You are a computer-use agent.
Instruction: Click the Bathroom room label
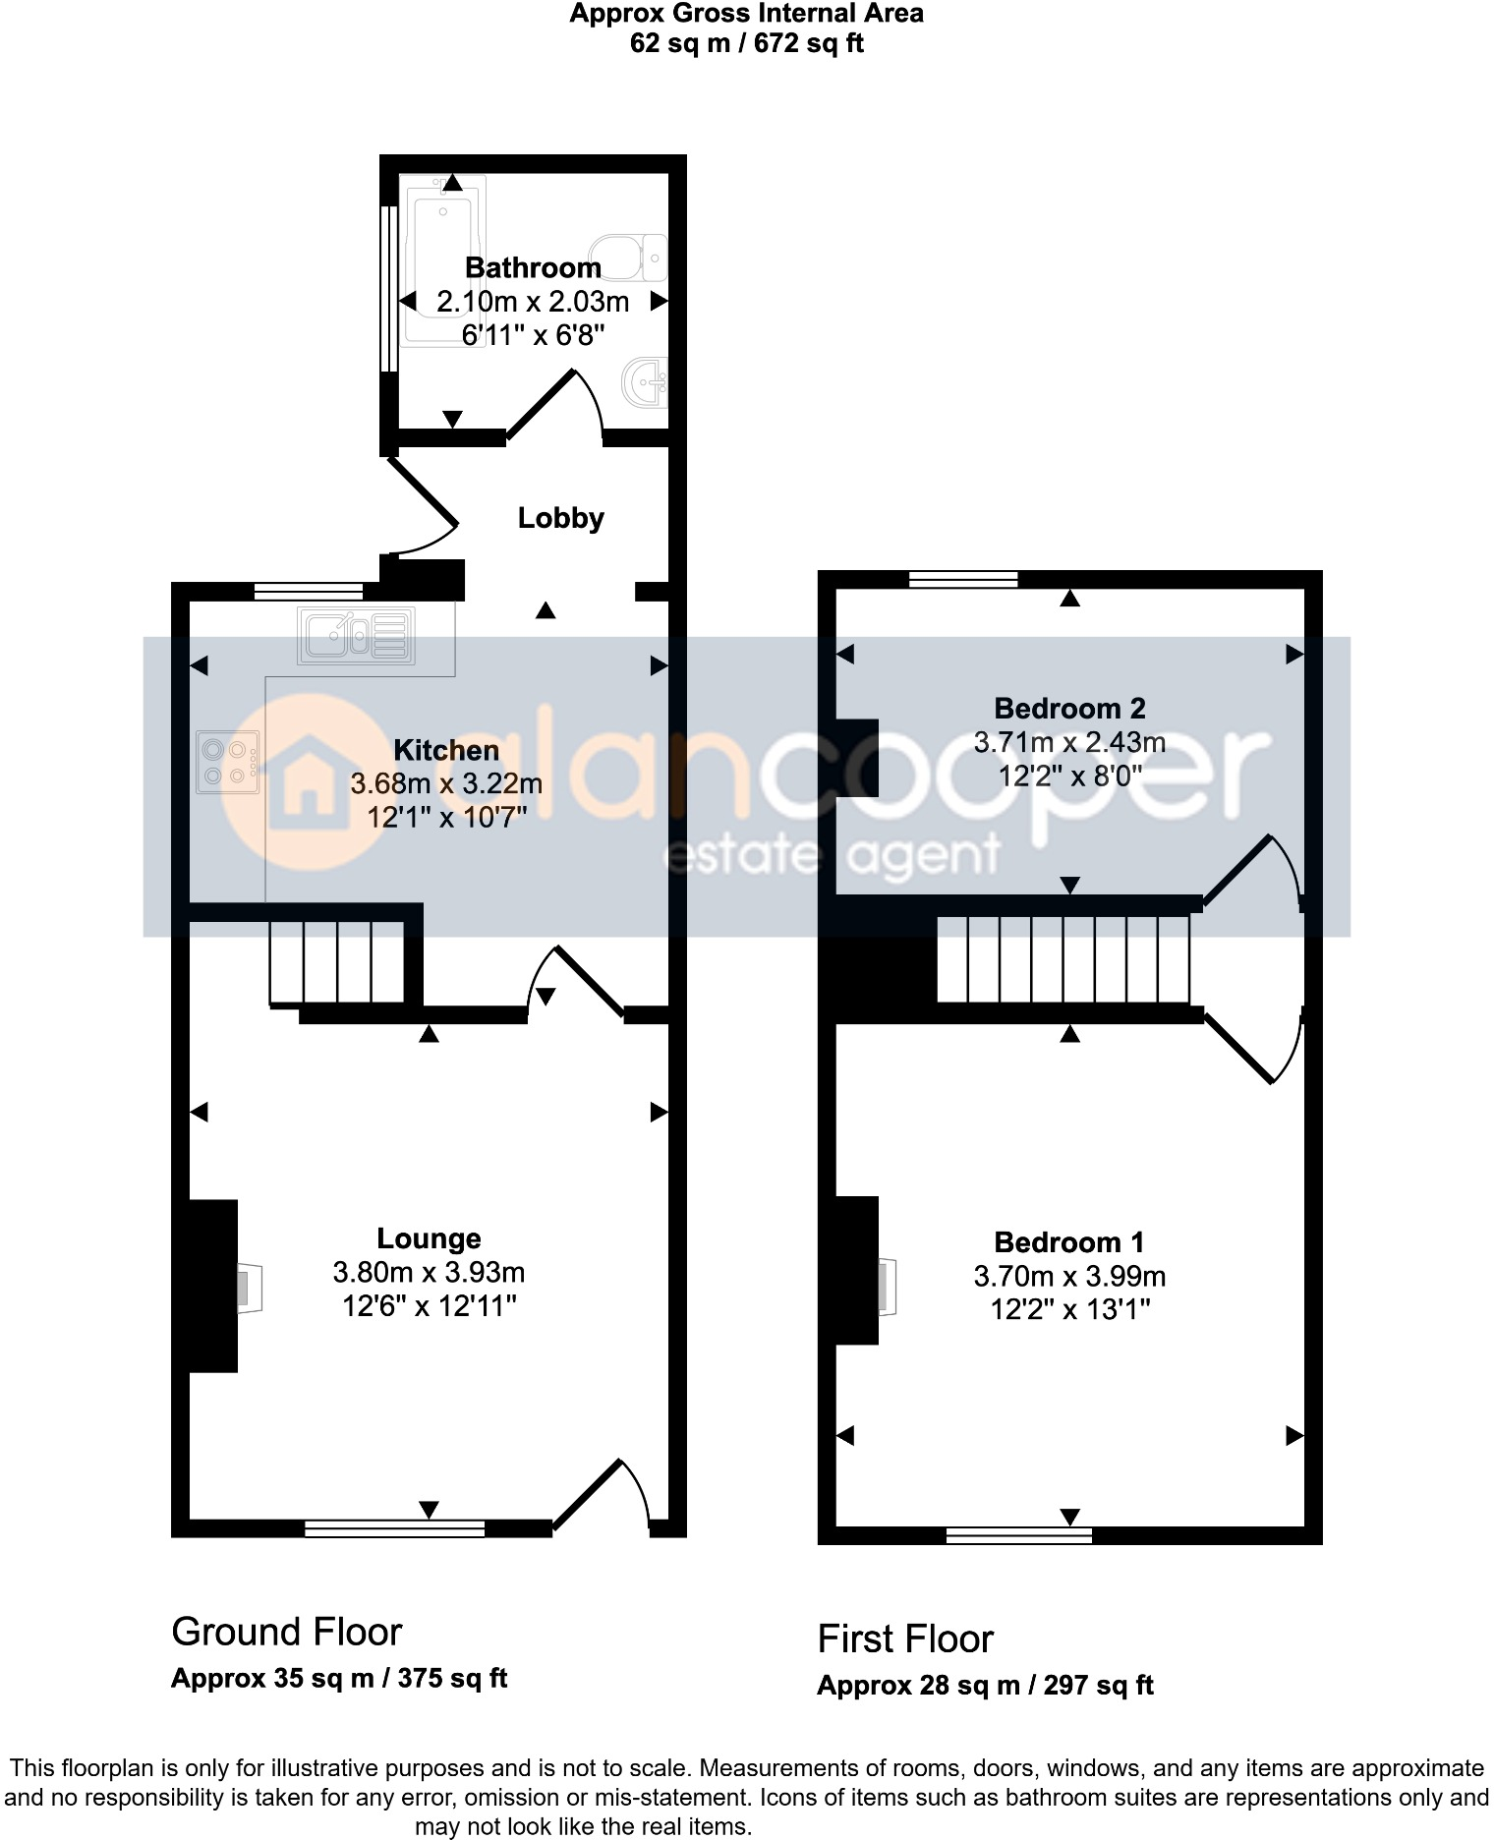[x=533, y=267]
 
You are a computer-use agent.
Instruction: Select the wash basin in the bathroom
[x=646, y=381]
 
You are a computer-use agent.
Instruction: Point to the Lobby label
[x=560, y=518]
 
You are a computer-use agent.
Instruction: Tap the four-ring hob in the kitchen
[x=228, y=762]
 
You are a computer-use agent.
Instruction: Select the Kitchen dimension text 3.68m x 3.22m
[x=446, y=784]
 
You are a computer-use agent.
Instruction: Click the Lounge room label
[x=429, y=1238]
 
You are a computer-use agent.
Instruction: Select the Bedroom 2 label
[x=1069, y=708]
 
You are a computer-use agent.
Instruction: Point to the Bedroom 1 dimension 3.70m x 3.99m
[x=1069, y=1277]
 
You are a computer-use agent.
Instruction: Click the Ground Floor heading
[x=286, y=1632]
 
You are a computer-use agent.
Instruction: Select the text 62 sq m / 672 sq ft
[x=746, y=43]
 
